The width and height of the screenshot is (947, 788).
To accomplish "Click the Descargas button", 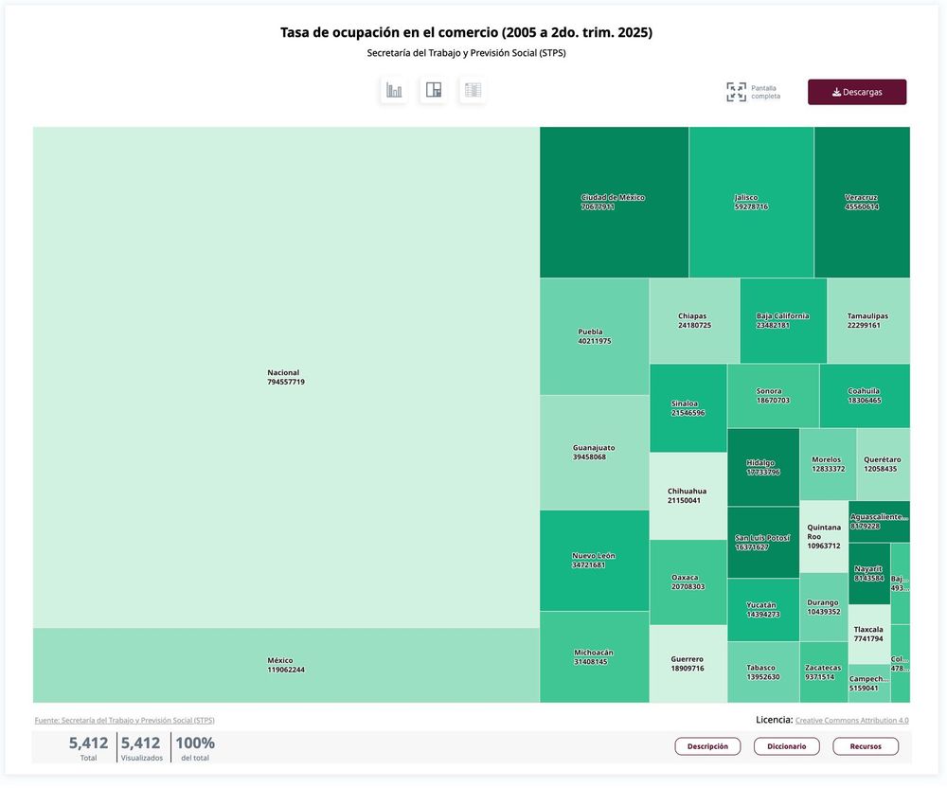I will pos(856,92).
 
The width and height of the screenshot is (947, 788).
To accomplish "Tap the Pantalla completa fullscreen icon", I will pos(736,92).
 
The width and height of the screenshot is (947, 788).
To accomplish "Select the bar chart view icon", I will pos(394,91).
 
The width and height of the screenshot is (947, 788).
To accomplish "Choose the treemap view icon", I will pos(434,91).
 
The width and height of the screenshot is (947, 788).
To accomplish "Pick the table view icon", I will pos(473,91).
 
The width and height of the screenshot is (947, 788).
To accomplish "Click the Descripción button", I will pos(707,746).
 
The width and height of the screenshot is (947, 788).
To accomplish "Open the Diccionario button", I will pos(786,746).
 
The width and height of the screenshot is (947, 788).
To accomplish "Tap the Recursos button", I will pos(866,746).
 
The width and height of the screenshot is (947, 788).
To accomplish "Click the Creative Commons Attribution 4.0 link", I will pos(851,721).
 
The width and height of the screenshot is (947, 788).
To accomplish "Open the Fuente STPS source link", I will pos(124,721).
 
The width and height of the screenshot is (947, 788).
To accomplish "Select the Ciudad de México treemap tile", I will pos(613,202).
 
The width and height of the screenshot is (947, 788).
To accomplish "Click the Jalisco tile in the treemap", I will pos(751,202).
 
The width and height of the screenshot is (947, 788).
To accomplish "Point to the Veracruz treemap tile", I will pos(861,202).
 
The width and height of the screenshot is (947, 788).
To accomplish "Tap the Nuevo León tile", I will pos(594,560).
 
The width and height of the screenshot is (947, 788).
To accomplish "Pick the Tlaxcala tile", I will pos(868,634).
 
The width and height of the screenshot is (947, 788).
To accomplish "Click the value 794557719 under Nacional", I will pos(286,383).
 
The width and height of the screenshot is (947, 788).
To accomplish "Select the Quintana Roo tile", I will pos(823,537).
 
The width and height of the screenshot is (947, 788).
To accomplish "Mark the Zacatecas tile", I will pos(823,672).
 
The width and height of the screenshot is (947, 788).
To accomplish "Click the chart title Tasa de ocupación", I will pos(466,33).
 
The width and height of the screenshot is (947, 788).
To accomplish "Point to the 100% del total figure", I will pos(194,747).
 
